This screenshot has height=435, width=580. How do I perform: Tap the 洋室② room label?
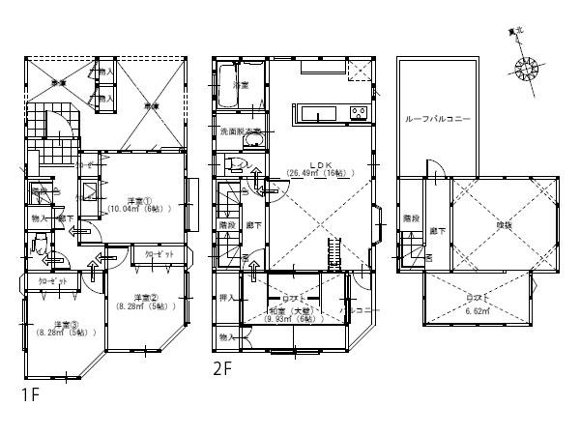point(145,298)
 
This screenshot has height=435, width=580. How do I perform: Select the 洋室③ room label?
point(65,324)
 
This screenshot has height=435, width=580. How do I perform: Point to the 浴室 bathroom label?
point(241,87)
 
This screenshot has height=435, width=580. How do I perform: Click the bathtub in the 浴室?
point(228,75)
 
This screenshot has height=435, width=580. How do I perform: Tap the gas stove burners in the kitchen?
point(358,113)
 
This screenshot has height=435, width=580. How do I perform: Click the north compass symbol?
point(528,71)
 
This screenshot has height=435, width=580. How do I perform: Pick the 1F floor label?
point(30,395)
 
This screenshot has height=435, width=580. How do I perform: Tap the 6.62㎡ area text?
point(478,312)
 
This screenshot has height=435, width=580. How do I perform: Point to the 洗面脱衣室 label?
point(241,130)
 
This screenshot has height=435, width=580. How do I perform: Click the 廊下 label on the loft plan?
point(437,231)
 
